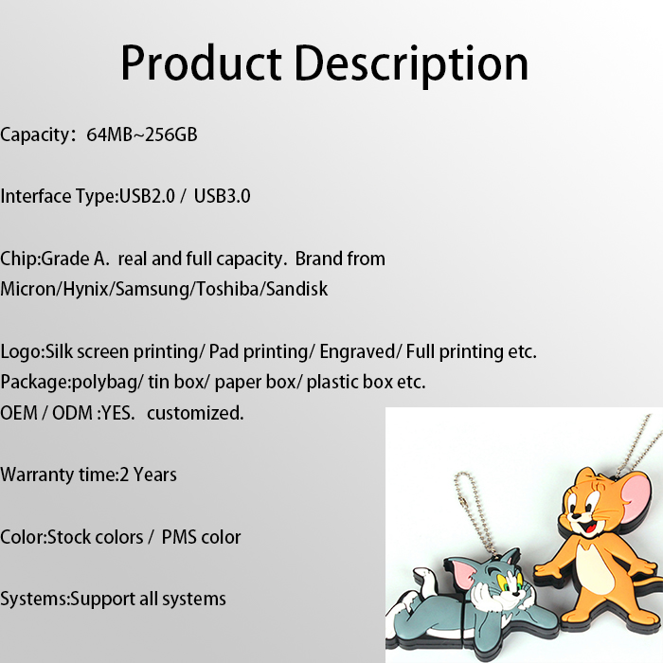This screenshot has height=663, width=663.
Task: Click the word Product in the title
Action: [201, 63]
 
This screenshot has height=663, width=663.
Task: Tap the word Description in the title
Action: [411, 65]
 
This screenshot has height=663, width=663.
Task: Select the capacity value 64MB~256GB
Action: [142, 134]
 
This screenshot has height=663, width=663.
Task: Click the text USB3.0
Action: [222, 196]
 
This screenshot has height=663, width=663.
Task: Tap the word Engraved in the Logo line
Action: [357, 351]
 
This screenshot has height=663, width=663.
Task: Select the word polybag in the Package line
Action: [104, 383]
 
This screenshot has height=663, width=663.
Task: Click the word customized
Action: [195, 413]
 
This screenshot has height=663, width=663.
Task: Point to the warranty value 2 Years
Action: [148, 475]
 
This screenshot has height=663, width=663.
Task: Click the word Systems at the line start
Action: [33, 600]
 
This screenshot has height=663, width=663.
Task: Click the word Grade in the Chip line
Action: [65, 259]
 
